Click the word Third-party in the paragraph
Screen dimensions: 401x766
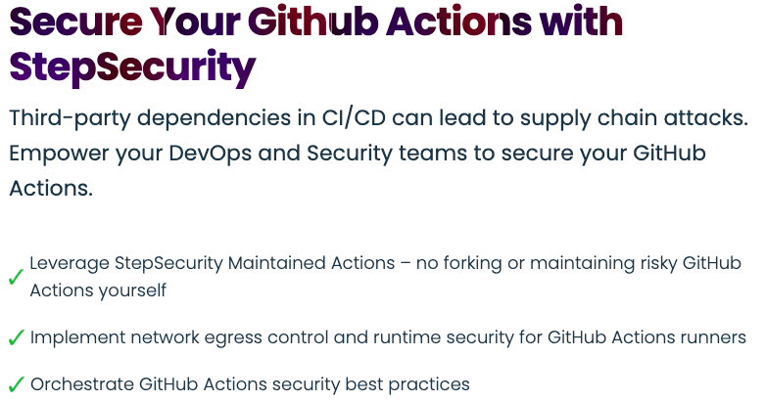pyautogui.click(x=68, y=118)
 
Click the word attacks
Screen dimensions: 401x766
pyautogui.click(x=708, y=118)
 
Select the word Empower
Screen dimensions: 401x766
pyautogui.click(x=55, y=154)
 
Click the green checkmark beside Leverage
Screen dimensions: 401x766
pyautogui.click(x=16, y=278)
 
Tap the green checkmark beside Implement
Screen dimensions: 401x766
pyautogui.click(x=16, y=338)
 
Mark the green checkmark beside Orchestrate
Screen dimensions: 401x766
pyautogui.click(x=16, y=385)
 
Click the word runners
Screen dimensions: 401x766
pyautogui.click(x=713, y=337)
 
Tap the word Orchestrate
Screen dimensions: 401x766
pyautogui.click(x=81, y=384)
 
